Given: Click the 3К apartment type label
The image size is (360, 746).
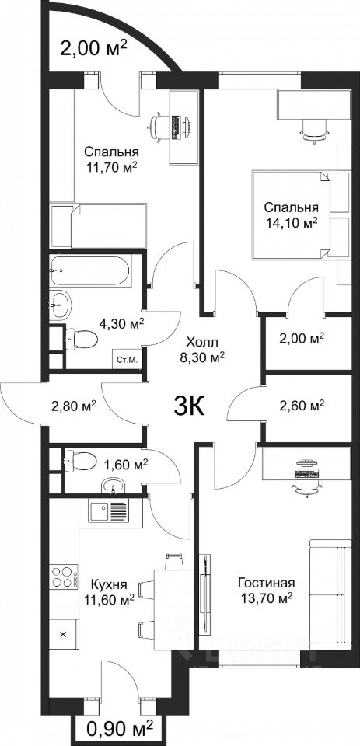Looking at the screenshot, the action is (190, 406).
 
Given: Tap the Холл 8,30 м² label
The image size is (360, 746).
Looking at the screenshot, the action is (205, 349).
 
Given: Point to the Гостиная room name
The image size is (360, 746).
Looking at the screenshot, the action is (267, 583).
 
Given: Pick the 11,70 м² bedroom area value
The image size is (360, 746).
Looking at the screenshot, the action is (112, 166).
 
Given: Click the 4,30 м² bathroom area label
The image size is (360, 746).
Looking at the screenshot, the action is (121, 325).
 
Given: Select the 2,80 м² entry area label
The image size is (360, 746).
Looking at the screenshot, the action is (74, 406).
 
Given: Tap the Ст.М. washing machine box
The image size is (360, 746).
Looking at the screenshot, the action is (128, 359).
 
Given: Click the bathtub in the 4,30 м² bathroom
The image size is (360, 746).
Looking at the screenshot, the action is (89, 271).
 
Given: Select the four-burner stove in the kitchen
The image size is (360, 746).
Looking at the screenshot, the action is (64, 577).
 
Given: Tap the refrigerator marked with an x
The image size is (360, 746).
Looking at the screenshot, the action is (64, 633).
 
